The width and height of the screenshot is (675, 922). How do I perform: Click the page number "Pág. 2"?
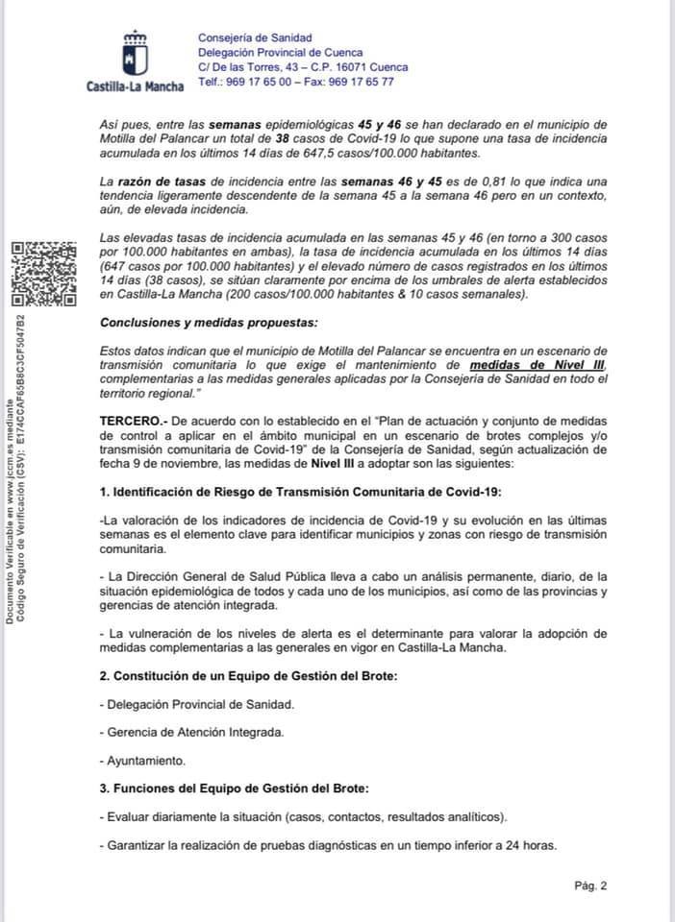590,886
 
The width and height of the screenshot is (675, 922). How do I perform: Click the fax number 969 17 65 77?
359,82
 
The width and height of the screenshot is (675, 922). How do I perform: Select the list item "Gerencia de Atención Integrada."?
192,732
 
